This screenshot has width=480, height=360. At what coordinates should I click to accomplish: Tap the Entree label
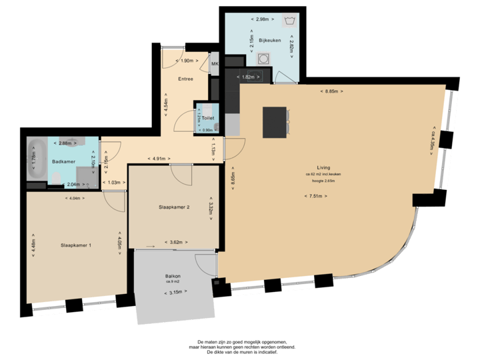point(185,79)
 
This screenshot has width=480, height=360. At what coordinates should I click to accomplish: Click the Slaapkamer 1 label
point(75,245)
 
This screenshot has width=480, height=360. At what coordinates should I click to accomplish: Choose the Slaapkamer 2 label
point(175,207)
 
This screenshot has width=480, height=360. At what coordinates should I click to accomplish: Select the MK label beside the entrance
point(215,65)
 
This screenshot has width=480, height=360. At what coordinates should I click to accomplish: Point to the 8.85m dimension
point(331,91)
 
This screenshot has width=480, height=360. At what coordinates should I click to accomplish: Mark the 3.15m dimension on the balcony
point(175,291)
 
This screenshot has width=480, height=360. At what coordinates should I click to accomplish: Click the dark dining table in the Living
point(274,122)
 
